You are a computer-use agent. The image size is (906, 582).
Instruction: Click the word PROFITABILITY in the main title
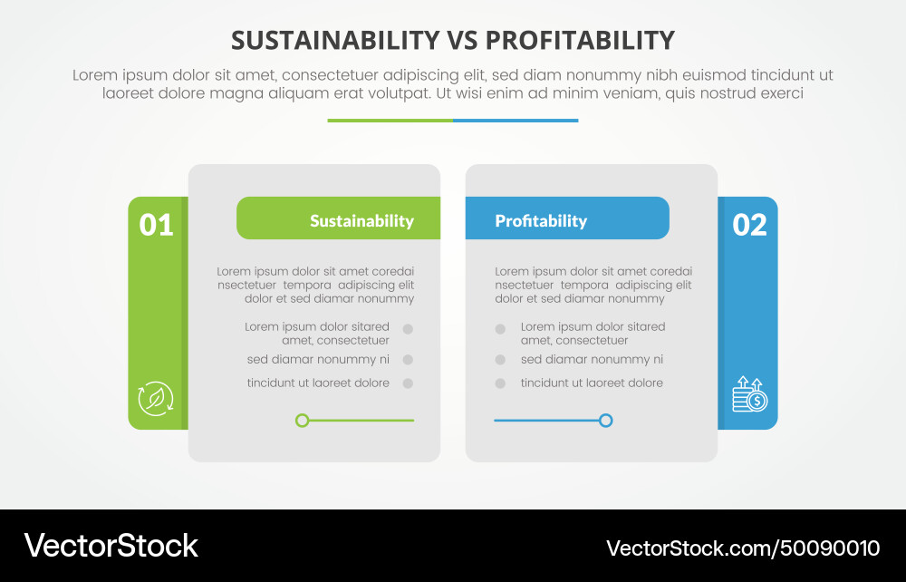pos(580,41)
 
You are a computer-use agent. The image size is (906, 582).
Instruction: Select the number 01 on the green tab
pos(156,225)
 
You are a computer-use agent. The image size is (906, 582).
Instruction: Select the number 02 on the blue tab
pos(749,225)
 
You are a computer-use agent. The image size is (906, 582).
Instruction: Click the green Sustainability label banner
pos(338,218)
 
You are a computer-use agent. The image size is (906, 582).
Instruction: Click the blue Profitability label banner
pos(567,218)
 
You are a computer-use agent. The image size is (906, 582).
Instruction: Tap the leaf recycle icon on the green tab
pos(156,398)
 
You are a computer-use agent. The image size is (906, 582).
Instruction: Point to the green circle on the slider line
pos(303,421)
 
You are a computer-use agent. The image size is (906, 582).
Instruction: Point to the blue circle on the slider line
pos(606,421)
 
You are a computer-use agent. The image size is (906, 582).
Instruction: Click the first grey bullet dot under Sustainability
pos(408,330)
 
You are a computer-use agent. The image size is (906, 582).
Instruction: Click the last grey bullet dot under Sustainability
pos(408,383)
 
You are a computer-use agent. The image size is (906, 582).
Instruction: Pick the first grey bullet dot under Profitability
pos(500,330)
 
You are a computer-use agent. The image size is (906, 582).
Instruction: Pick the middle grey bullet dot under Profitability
pos(500,360)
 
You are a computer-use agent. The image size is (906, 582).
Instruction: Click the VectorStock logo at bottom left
pos(111,546)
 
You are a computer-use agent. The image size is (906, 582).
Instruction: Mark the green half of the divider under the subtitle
pos(390,120)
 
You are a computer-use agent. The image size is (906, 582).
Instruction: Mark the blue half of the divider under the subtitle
pos(516,120)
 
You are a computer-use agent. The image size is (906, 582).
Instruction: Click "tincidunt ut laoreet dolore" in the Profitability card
pos(592,383)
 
